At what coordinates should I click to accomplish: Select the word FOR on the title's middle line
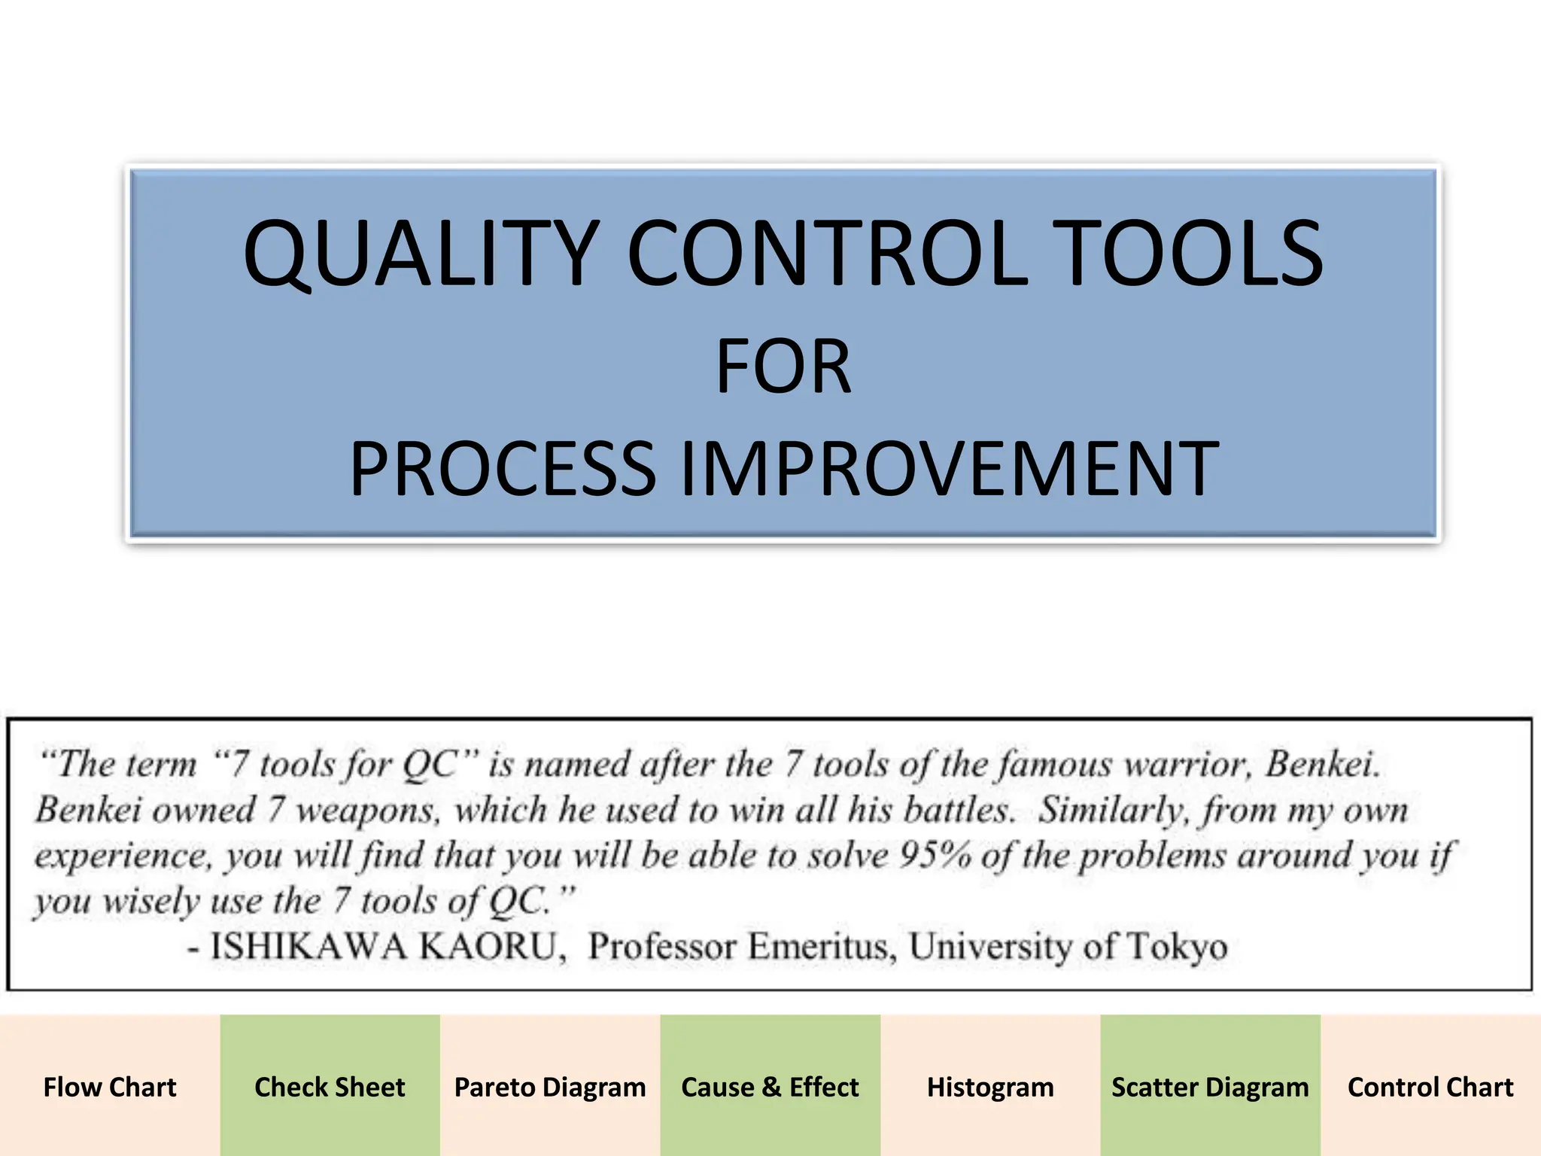783,367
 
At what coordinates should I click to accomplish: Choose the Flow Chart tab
110,1087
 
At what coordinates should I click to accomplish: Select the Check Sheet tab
330,1087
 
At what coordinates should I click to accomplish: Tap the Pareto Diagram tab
550,1087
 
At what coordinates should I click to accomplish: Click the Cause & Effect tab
770,1087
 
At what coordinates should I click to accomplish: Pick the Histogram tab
990,1087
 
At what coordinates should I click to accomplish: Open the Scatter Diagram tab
1210,1087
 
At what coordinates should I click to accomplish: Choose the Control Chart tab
1430,1087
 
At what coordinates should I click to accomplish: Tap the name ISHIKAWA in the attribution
309,946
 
